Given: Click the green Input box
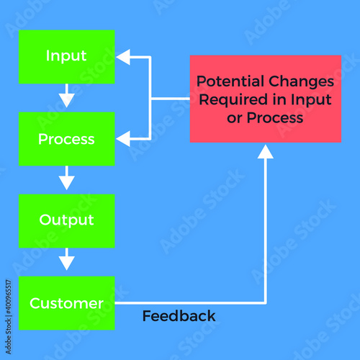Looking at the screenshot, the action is click(67, 57).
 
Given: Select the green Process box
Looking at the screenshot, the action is click(67, 139).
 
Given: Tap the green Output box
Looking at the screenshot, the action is click(67, 221).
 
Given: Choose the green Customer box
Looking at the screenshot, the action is click(67, 303).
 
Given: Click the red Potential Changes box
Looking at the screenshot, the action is click(266, 99).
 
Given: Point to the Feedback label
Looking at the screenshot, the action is click(179, 316).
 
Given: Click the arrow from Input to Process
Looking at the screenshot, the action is click(67, 96).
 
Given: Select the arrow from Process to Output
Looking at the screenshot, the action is click(67, 178).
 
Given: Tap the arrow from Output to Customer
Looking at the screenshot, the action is click(67, 259).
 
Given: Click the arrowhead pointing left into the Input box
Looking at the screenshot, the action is click(123, 57).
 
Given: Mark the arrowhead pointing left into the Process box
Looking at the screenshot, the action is click(123, 139).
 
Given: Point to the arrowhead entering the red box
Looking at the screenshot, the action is click(266, 152).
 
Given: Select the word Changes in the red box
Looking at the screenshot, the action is click(301, 81).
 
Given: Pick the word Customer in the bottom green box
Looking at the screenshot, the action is click(66, 303).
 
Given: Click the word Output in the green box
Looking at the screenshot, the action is click(66, 220).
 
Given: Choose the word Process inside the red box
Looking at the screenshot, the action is click(275, 118).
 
